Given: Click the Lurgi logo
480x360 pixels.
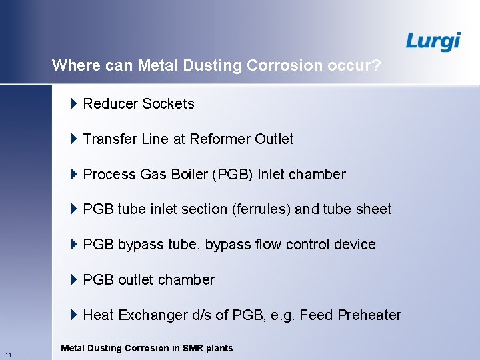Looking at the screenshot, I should (x=433, y=41).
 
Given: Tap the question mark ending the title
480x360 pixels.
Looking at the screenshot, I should (x=377, y=65).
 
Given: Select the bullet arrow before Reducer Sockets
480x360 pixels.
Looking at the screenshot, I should (x=74, y=103).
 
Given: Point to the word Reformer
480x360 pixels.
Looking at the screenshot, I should (x=220, y=139).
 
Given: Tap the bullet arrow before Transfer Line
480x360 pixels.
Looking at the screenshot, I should (x=74, y=139).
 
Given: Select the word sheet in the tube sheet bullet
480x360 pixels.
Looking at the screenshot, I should (x=373, y=209).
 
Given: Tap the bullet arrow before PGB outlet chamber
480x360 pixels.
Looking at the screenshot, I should (x=74, y=279).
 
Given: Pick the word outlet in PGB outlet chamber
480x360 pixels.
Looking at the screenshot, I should (x=139, y=280).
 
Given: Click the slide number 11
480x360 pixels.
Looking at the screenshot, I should (x=7, y=353).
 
